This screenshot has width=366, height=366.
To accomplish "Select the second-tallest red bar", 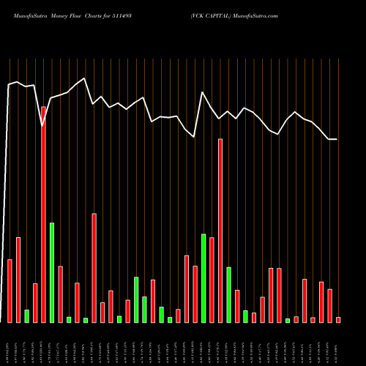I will (x=220, y=231).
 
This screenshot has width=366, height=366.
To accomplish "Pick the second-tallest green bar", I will (x=203, y=278).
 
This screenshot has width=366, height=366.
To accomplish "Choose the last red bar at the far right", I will (x=338, y=319).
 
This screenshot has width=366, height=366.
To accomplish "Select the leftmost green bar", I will (x=26, y=315).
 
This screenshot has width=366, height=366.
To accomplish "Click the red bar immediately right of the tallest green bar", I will (x=60, y=294).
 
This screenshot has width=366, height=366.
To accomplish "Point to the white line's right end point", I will (x=337, y=139).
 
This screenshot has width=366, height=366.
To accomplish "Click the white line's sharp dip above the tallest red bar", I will (x=43, y=125).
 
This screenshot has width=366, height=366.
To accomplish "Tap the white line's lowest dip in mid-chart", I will (x=195, y=137).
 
